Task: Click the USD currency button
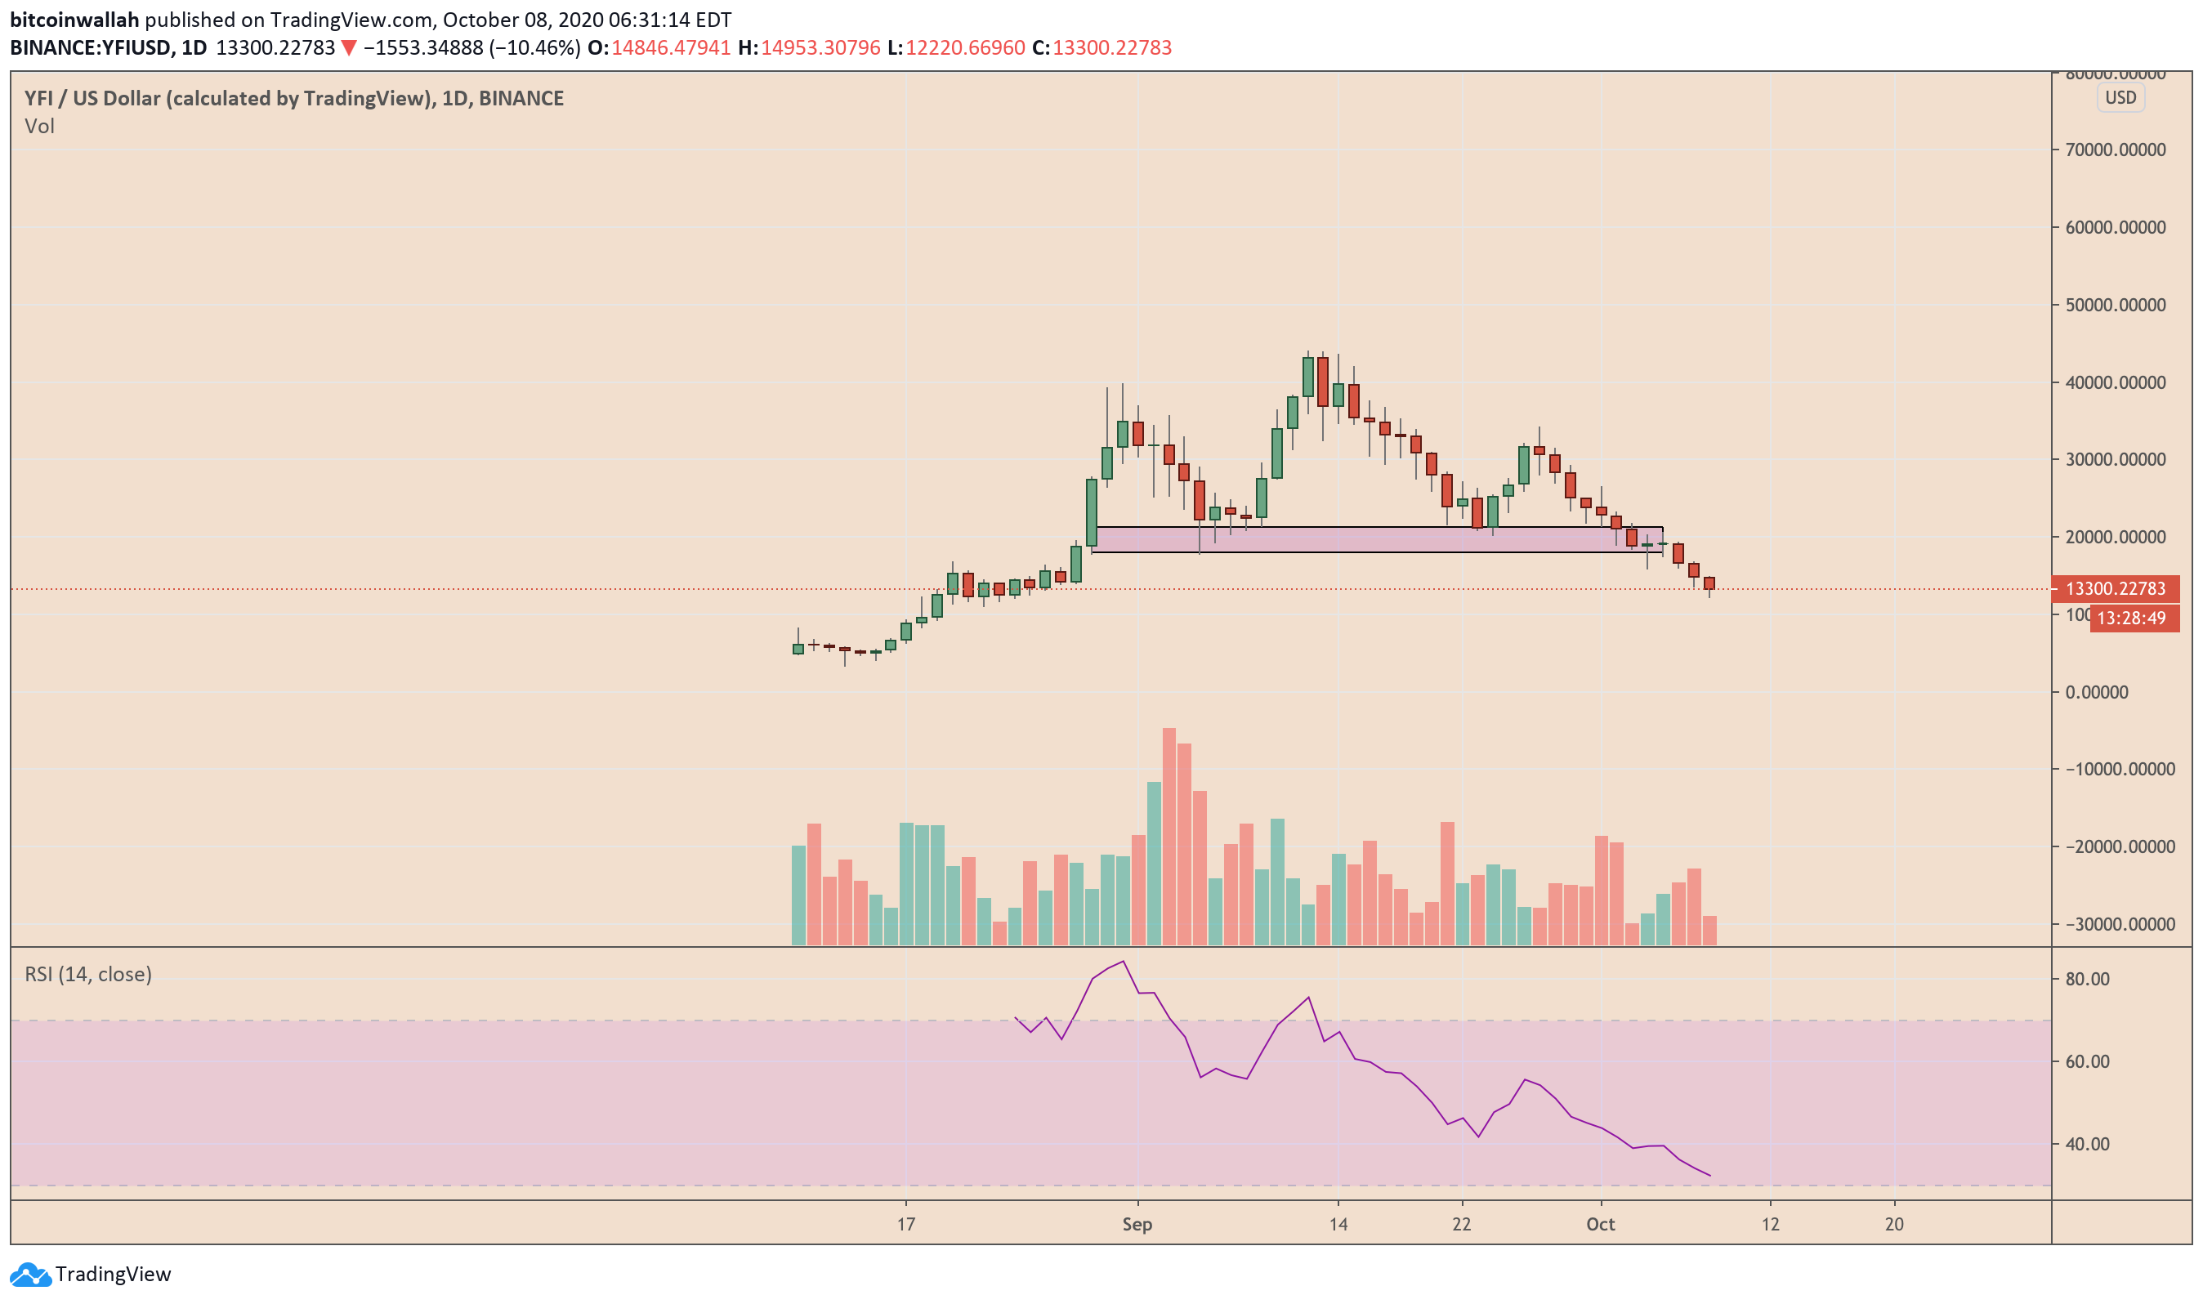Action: pyautogui.click(x=2120, y=97)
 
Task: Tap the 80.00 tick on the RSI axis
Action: pyautogui.click(x=2087, y=979)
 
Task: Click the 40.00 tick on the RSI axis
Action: pyautogui.click(x=2087, y=1145)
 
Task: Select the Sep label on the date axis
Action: pyautogui.click(x=1137, y=1225)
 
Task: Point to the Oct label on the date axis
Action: pyautogui.click(x=1600, y=1225)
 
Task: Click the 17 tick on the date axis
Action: pyautogui.click(x=906, y=1225)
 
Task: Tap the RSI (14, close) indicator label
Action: pyautogui.click(x=88, y=975)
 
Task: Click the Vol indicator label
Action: pyautogui.click(x=39, y=127)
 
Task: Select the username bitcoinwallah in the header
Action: pyautogui.click(x=74, y=20)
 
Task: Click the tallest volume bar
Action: pyautogui.click(x=1169, y=835)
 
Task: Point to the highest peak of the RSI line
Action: pyautogui.click(x=1124, y=962)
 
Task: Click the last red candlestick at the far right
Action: pyautogui.click(x=1709, y=583)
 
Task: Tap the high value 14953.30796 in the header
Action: pyautogui.click(x=820, y=47)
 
